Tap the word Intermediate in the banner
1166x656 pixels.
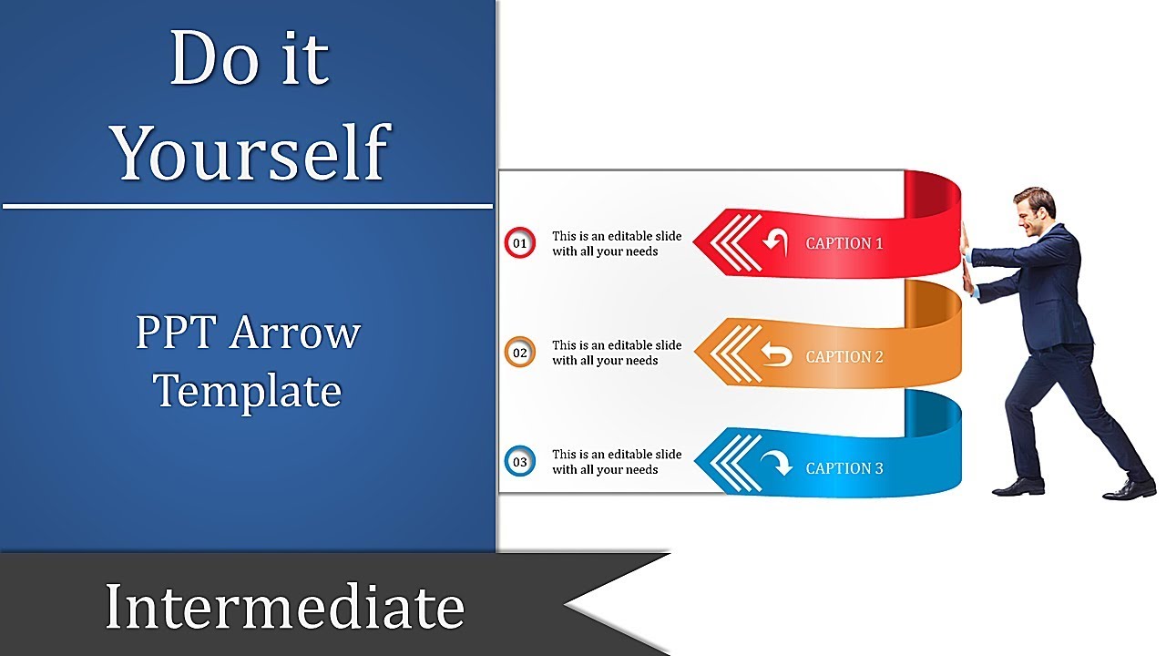[284, 607]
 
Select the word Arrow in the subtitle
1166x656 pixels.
[294, 333]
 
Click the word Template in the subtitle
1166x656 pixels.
[248, 392]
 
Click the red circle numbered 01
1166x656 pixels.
[519, 243]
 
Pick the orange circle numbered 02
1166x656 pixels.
[519, 353]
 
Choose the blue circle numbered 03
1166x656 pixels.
[519, 462]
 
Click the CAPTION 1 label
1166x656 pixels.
[844, 243]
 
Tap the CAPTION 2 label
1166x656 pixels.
[844, 356]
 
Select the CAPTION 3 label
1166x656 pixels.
[844, 468]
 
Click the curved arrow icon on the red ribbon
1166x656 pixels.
[775, 242]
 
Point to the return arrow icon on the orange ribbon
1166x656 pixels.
[776, 355]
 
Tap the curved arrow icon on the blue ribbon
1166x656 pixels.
[776, 465]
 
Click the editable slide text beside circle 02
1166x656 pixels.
[617, 353]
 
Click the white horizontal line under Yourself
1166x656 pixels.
[248, 206]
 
